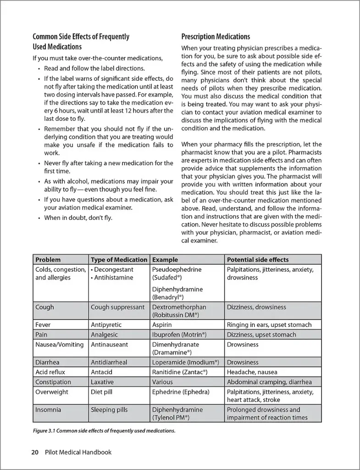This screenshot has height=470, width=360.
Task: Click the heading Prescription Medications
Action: tap(216, 37)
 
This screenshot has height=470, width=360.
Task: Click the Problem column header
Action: tap(48, 260)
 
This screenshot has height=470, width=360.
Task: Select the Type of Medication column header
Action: tap(119, 260)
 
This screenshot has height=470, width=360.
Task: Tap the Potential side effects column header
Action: tap(258, 260)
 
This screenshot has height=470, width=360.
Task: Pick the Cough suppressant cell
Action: tap(117, 307)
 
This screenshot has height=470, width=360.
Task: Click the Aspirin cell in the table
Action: tap(162, 325)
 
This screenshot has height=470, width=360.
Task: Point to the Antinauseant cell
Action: tap(110, 345)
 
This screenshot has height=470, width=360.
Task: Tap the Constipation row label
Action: tap(53, 382)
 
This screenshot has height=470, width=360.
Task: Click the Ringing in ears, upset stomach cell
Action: tap(269, 325)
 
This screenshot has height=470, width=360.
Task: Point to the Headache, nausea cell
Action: tap(252, 372)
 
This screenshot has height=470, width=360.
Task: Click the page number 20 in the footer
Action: tap(34, 452)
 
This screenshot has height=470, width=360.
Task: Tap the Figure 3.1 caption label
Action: tap(104, 431)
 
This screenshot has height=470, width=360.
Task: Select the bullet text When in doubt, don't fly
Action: tap(78, 218)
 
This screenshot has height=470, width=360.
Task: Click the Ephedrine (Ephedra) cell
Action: tap(181, 392)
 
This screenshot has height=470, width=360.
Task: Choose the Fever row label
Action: tap(43, 325)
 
